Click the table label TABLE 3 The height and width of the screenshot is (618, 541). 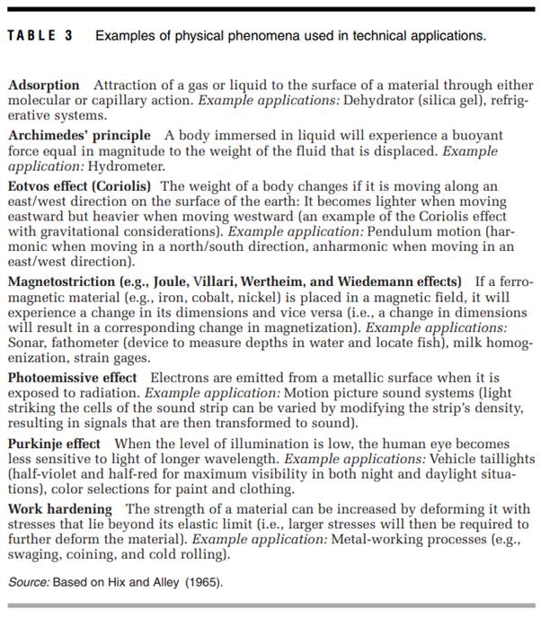pos(40,36)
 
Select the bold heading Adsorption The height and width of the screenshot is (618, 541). pos(44,85)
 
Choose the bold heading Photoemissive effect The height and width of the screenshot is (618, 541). pos(73,377)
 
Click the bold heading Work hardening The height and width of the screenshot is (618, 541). pos(60,509)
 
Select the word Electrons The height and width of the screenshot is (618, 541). pos(182,378)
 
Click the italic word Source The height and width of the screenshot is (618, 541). pos(28,582)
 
